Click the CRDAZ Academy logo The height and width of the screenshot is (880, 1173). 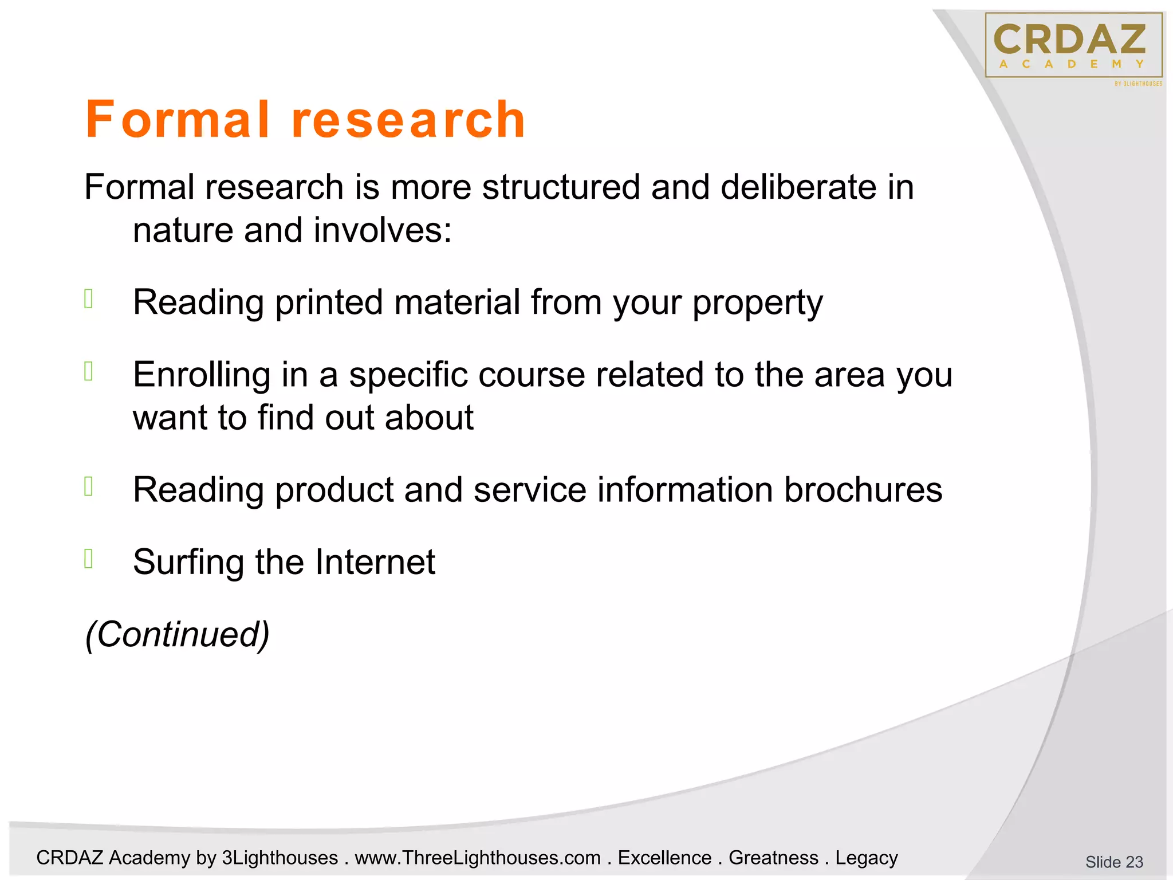pos(1073,46)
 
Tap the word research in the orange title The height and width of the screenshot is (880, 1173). pos(408,120)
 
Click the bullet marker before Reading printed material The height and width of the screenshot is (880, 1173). pos(89,299)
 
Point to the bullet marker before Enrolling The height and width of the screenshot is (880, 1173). pos(89,372)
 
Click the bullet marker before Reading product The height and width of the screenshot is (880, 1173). pos(89,486)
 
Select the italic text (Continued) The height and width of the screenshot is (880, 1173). pos(177,635)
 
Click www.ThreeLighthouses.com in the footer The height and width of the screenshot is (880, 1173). pos(478,858)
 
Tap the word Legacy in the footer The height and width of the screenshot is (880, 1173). pos(866,858)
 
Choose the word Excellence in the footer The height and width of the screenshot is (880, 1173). pos(664,858)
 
